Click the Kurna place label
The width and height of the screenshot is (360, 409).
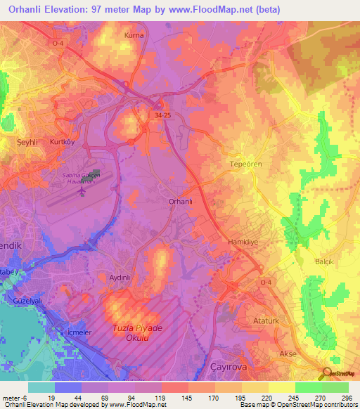click(x=134, y=34)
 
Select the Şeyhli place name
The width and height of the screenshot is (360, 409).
click(x=27, y=142)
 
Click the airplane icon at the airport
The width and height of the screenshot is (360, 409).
click(x=82, y=190)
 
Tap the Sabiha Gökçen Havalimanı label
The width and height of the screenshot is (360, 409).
click(x=82, y=176)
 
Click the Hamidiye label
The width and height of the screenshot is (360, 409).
click(x=225, y=241)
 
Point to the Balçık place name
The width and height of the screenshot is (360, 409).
click(x=325, y=261)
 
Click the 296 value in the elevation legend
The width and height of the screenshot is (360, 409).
click(x=344, y=398)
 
